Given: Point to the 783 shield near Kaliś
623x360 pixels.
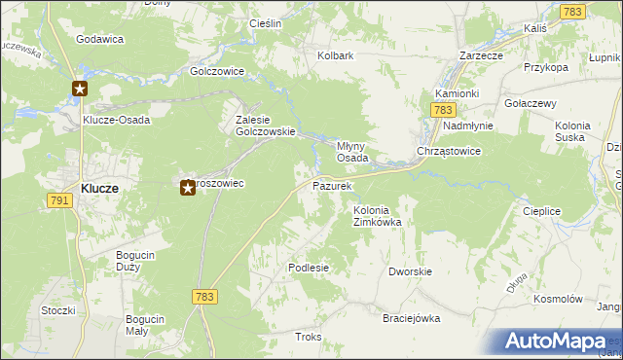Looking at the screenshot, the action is pos(571,11).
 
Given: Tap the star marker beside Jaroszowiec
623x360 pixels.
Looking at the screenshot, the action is pos(188,187).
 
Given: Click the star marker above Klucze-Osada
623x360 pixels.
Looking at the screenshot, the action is pos(80,90).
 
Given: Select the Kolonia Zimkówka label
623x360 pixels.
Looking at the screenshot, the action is pos(378,216).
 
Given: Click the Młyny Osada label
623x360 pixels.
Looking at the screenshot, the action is pos(351,150).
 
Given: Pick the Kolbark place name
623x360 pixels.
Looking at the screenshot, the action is pos(335,55).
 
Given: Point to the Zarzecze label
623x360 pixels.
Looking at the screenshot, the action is pos(481,55).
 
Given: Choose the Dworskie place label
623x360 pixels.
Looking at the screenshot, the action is pos(410,272).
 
